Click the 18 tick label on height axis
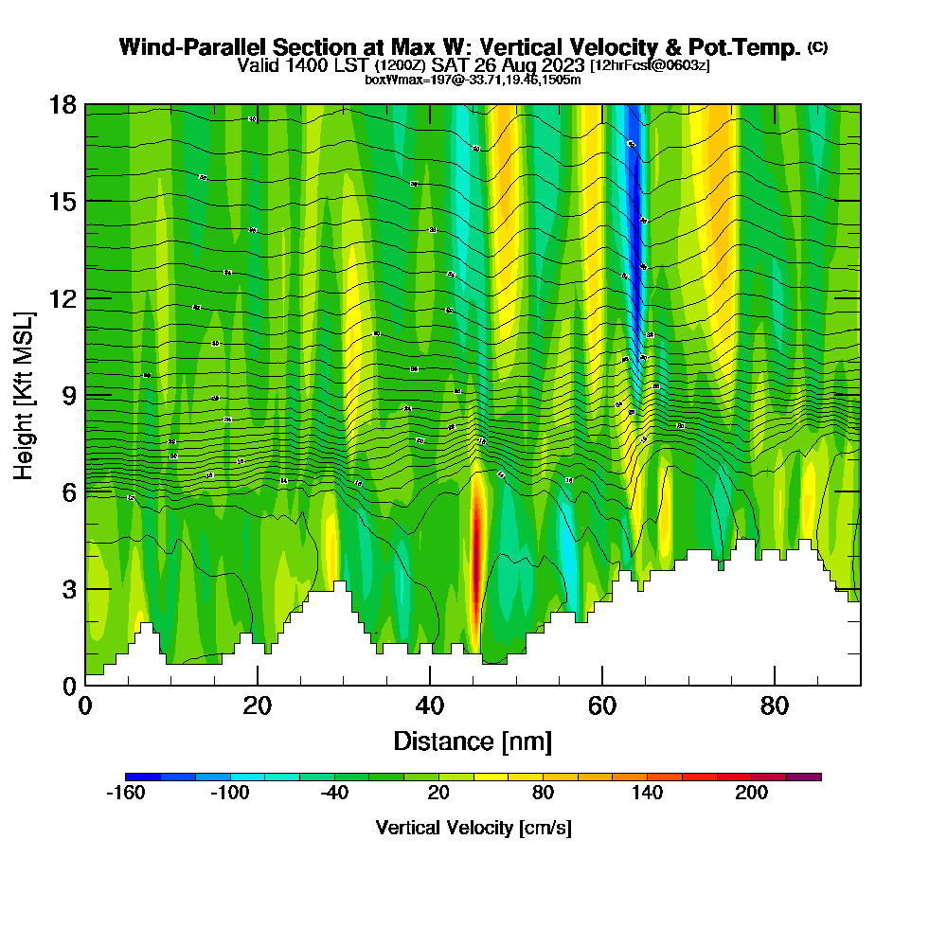[62, 104]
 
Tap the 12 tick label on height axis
[62, 298]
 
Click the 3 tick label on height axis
[68, 589]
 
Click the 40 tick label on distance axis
[430, 706]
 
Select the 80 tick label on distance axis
[775, 706]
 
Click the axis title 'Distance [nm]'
[473, 741]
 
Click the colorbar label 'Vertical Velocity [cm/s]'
[473, 828]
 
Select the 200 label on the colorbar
[752, 794]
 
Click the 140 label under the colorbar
[648, 794]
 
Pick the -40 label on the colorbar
[334, 794]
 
